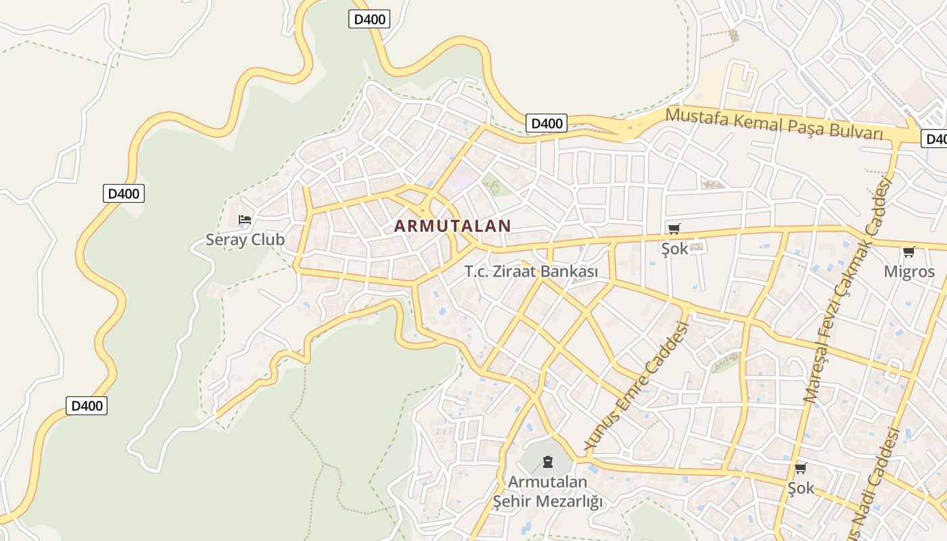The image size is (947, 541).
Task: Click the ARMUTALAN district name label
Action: click(x=452, y=226)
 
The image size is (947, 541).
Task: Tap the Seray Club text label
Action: click(x=245, y=239)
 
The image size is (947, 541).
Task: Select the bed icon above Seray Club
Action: click(x=245, y=220)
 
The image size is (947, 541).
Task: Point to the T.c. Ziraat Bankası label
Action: click(x=531, y=271)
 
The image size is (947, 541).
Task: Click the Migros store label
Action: click(x=909, y=272)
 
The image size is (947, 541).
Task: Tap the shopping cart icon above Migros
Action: click(x=909, y=252)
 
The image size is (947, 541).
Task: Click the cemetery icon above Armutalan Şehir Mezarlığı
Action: click(x=547, y=463)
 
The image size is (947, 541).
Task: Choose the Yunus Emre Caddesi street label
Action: click(x=637, y=386)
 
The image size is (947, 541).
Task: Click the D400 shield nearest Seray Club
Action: click(x=124, y=194)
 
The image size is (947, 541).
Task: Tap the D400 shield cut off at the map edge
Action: click(x=936, y=139)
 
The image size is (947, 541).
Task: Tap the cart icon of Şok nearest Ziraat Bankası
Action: click(x=674, y=229)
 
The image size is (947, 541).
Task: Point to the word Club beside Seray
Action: click(x=267, y=239)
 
